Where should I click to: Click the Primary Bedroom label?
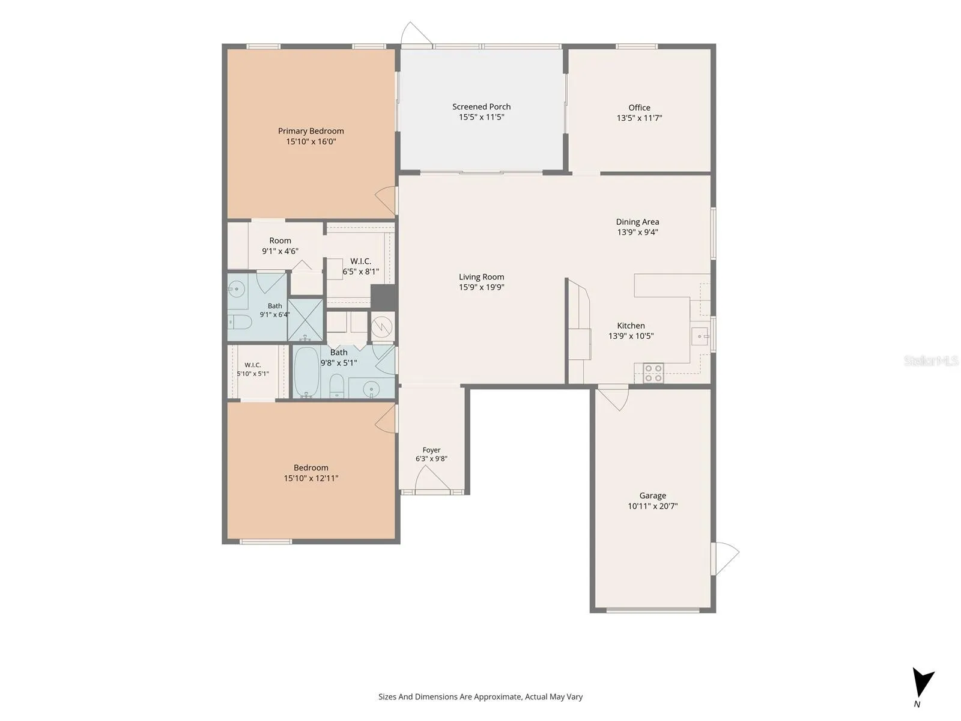click(311, 131)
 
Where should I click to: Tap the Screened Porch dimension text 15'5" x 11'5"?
click(481, 117)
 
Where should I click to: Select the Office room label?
click(639, 108)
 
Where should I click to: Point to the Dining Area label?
click(637, 222)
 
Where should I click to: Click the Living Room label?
click(481, 276)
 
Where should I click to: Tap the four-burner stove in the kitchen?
click(653, 373)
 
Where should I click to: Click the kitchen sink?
click(700, 336)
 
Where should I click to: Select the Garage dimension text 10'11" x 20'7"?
click(652, 506)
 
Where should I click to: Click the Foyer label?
click(431, 450)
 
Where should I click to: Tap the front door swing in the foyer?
click(432, 478)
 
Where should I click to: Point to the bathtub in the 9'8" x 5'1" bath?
click(306, 372)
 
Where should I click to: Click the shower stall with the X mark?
click(306, 320)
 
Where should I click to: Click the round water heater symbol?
click(382, 326)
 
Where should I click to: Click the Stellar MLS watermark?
click(931, 360)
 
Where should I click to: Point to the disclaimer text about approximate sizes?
click(480, 696)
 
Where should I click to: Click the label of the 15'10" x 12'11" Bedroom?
click(311, 467)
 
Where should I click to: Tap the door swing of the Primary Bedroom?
click(386, 201)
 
